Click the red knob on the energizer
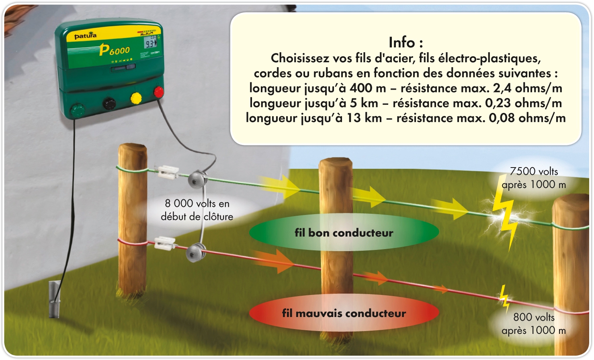[x=159, y=92]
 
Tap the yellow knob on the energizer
[x=136, y=98]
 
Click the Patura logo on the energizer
[x=85, y=36]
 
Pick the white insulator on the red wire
[x=165, y=242]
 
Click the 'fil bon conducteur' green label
[x=344, y=233]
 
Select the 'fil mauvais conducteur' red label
[x=344, y=313]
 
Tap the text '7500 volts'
[x=534, y=172]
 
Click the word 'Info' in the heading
[x=401, y=42]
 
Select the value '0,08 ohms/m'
[x=527, y=118]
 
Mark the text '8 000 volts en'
[x=197, y=204]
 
